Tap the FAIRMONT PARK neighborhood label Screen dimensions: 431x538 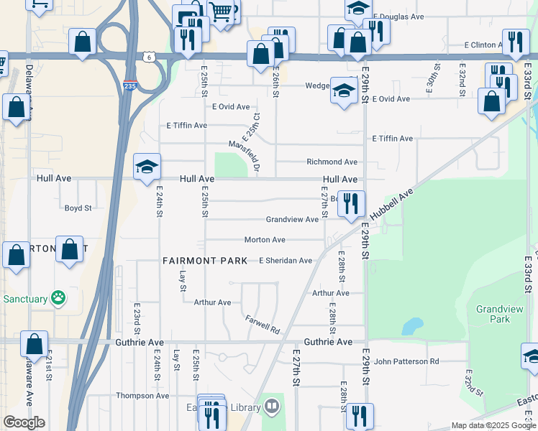click(x=204, y=260)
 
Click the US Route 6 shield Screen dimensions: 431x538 click(x=147, y=56)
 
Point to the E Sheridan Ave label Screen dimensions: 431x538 click(x=286, y=260)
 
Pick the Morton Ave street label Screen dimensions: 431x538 click(x=265, y=239)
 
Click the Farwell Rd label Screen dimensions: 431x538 click(x=262, y=324)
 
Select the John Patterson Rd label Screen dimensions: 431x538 click(x=406, y=361)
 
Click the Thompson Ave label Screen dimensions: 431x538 click(x=142, y=396)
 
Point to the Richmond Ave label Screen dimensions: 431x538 click(x=332, y=162)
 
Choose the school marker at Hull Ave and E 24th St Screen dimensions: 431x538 click(x=147, y=168)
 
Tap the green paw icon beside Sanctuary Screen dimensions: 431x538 click(x=58, y=297)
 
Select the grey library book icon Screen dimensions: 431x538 click(x=271, y=407)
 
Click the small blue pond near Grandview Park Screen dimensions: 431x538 click(x=411, y=327)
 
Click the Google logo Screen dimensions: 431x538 click(x=24, y=422)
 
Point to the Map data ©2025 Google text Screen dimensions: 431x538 click(x=493, y=425)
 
